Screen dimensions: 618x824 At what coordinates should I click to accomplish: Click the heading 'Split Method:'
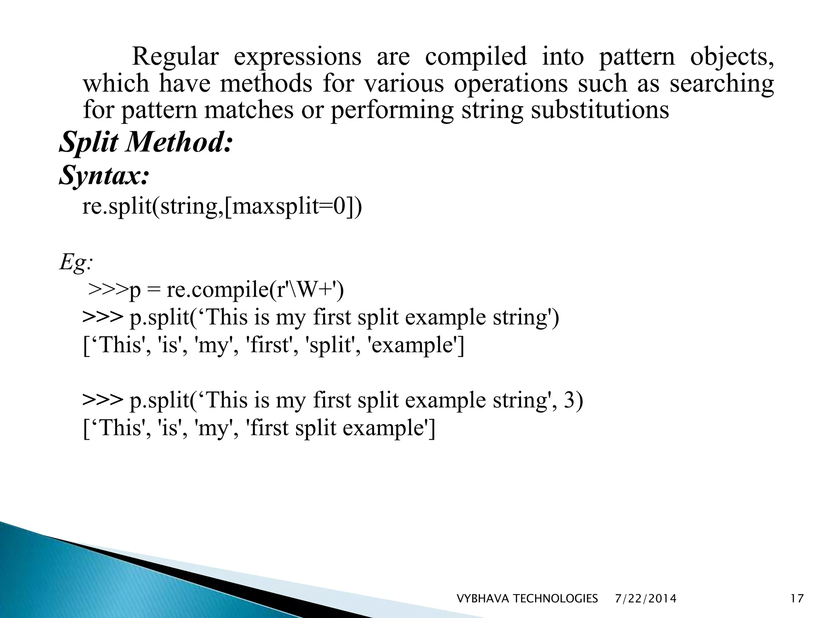[x=146, y=143]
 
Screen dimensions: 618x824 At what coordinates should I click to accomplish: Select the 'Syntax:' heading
[x=104, y=175]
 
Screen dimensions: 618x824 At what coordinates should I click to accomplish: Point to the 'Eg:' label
[x=76, y=263]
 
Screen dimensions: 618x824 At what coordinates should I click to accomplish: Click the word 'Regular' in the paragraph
[x=175, y=56]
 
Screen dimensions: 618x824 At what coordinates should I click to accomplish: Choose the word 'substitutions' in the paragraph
[x=600, y=110]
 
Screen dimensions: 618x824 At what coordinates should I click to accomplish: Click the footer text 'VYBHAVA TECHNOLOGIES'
[x=527, y=599]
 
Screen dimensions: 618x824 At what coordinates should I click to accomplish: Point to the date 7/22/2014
[x=646, y=599]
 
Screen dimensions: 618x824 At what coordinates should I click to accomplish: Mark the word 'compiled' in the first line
[x=476, y=56]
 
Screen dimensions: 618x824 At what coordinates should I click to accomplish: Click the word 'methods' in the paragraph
[x=266, y=84]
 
